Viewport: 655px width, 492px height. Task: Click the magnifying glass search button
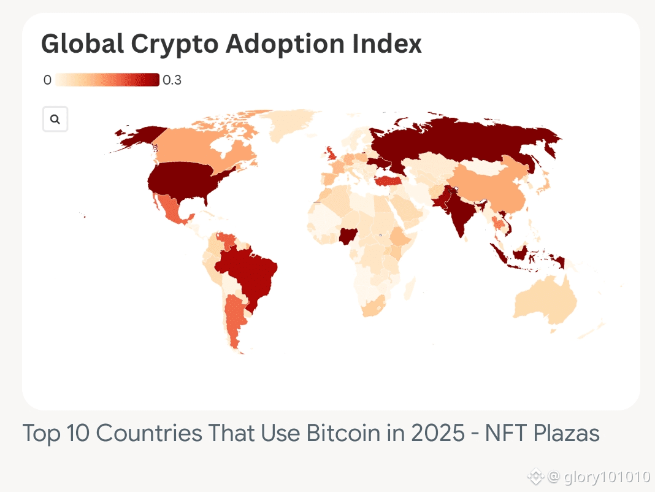click(x=55, y=119)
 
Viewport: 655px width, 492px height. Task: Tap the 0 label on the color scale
click(x=47, y=80)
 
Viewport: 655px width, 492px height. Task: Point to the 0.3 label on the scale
click(x=172, y=80)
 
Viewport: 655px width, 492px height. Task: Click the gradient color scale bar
click(x=107, y=80)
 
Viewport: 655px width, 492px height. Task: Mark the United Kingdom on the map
click(x=330, y=153)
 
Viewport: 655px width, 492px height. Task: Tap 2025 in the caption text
click(x=438, y=433)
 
